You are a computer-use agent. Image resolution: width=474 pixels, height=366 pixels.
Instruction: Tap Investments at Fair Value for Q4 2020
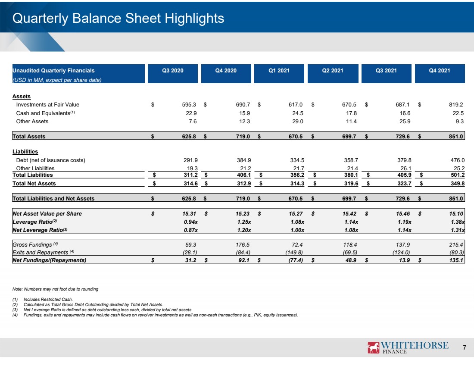click(243, 105)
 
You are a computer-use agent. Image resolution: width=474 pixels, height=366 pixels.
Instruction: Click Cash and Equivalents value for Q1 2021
click(297, 113)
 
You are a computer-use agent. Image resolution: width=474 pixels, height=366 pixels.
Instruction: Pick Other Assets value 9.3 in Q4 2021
click(459, 121)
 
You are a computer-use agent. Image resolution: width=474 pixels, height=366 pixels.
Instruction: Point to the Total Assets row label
click(29, 136)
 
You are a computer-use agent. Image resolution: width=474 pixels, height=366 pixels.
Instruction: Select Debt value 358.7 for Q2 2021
click(351, 160)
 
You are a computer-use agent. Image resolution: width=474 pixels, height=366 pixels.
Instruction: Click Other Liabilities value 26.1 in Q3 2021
click(405, 168)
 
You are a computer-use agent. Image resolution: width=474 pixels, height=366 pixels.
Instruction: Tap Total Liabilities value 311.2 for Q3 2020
click(190, 175)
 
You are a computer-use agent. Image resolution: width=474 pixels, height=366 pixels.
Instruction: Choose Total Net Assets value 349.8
click(457, 183)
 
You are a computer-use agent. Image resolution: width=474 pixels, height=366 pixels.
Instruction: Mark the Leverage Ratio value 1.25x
click(244, 222)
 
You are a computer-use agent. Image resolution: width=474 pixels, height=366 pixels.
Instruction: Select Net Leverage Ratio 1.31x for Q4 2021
click(458, 230)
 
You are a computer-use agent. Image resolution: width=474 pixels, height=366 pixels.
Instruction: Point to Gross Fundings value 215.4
click(456, 244)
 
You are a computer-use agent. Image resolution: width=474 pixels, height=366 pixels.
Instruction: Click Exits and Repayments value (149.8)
click(294, 252)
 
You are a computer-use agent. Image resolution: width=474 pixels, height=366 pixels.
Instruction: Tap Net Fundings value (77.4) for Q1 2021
click(295, 260)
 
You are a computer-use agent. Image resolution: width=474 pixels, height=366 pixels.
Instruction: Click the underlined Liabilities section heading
click(25, 152)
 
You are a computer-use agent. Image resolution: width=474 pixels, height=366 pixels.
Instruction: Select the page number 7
click(465, 347)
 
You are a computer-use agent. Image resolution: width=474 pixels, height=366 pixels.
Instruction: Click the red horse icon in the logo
click(373, 347)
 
